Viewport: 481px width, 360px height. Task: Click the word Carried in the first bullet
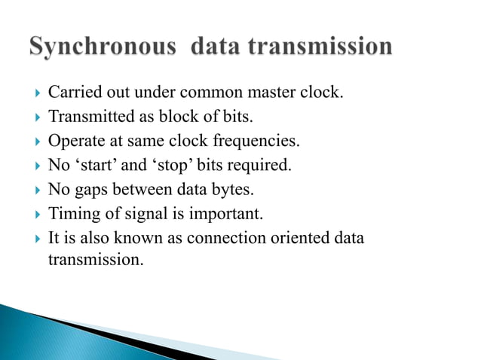coord(71,93)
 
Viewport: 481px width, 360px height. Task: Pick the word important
coord(224,214)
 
